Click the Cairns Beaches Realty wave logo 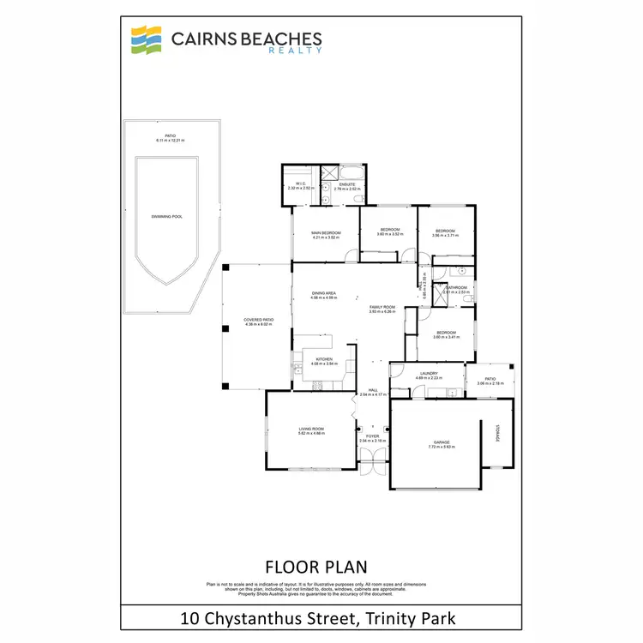145,39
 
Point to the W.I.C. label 301,183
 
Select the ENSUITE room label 347,183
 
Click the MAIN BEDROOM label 326,233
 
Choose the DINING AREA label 324,294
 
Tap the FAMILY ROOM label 382,307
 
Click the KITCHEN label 324,358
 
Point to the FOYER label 372,436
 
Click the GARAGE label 441,442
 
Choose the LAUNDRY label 427,373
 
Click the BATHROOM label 456,287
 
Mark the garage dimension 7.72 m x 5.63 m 441,447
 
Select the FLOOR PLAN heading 316,567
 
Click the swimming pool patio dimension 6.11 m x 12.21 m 171,140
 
